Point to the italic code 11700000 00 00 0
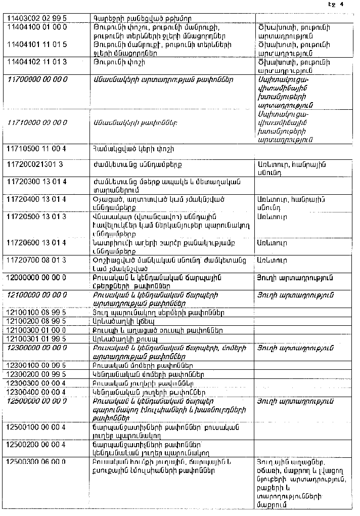pos(37,79)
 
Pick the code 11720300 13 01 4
pos(37,182)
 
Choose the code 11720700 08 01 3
pos(37,260)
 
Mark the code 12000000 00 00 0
pos(37,277)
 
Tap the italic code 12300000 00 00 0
pos(37,348)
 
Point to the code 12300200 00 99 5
pos(37,374)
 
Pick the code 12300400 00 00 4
pos(37,392)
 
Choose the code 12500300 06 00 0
pos(37,462)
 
